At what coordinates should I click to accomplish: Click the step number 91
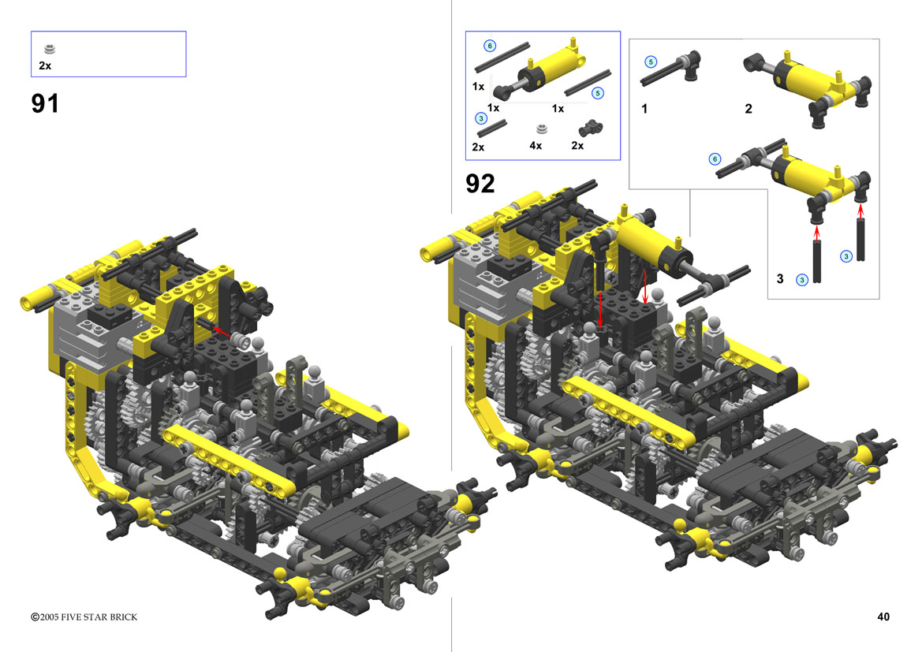click(45, 103)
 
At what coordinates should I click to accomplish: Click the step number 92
click(480, 184)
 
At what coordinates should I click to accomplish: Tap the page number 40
click(883, 617)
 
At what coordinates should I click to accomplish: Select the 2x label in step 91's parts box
click(45, 66)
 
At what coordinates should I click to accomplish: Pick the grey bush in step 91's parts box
click(50, 50)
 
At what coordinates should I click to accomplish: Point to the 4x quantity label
click(535, 145)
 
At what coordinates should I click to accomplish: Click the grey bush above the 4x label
click(542, 129)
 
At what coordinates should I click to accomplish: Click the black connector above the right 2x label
click(591, 128)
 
